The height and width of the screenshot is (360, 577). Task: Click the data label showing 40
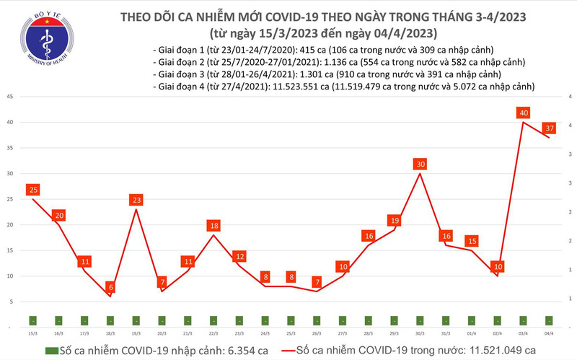click(524, 113)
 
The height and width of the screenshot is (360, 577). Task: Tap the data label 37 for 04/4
click(550, 128)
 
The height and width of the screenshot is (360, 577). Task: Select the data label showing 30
click(420, 164)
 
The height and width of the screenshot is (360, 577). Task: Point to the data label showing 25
click(32, 190)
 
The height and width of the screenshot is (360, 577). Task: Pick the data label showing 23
click(136, 200)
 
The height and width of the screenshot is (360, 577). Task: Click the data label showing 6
click(110, 287)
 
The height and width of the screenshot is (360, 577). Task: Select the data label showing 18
click(213, 226)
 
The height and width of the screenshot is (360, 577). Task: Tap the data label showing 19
click(394, 220)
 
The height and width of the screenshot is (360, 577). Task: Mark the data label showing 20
click(58, 215)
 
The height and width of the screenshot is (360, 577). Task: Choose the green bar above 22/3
click(213, 320)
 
